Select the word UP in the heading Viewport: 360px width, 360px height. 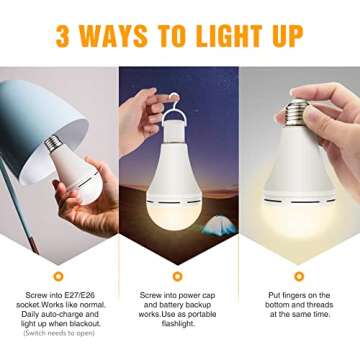pyautogui.click(x=284, y=36)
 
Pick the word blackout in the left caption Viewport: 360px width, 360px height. pyautogui.click(x=86, y=326)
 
